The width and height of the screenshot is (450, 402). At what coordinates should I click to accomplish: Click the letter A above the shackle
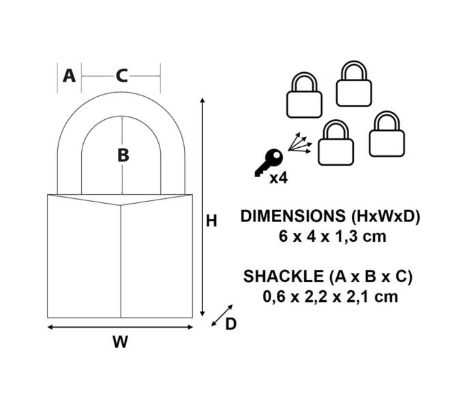pos(69,76)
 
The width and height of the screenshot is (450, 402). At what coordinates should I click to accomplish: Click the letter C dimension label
pos(121,76)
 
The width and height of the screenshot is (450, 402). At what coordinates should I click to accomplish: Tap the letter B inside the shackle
pos(123,156)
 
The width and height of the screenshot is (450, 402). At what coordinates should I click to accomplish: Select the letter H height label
pos(211,221)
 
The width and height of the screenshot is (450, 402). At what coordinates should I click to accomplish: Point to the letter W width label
pos(120,341)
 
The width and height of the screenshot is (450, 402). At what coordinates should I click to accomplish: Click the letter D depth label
pos(230,324)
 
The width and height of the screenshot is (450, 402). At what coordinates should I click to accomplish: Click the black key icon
pos(269,163)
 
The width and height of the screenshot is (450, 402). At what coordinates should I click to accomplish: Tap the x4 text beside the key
pos(278,179)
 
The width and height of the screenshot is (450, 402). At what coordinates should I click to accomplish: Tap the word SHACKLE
pos(284,277)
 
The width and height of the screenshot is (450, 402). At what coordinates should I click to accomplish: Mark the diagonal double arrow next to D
pos(222,315)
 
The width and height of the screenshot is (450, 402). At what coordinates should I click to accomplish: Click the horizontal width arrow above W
pos(120,327)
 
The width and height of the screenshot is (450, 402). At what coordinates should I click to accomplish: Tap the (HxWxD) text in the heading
pos(386,217)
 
